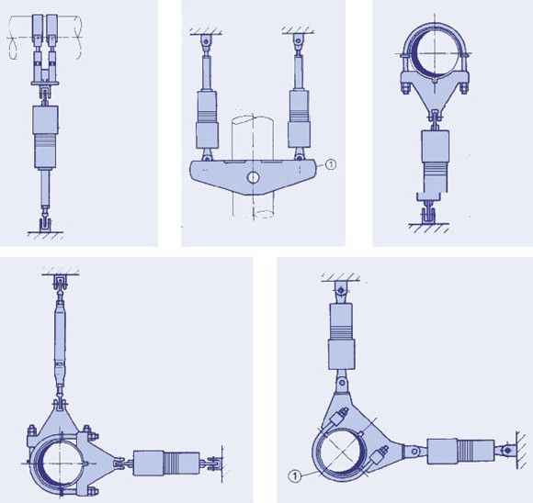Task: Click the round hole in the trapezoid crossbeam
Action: (253, 177)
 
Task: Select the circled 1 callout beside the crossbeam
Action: (331, 164)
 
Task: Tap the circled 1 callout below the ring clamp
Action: (295, 476)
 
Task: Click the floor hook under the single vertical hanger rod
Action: (45, 223)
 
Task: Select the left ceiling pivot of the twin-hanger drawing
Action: (205, 41)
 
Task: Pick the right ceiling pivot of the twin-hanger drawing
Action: (298, 41)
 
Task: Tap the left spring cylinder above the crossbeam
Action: (207, 119)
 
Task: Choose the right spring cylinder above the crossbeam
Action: (299, 119)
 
